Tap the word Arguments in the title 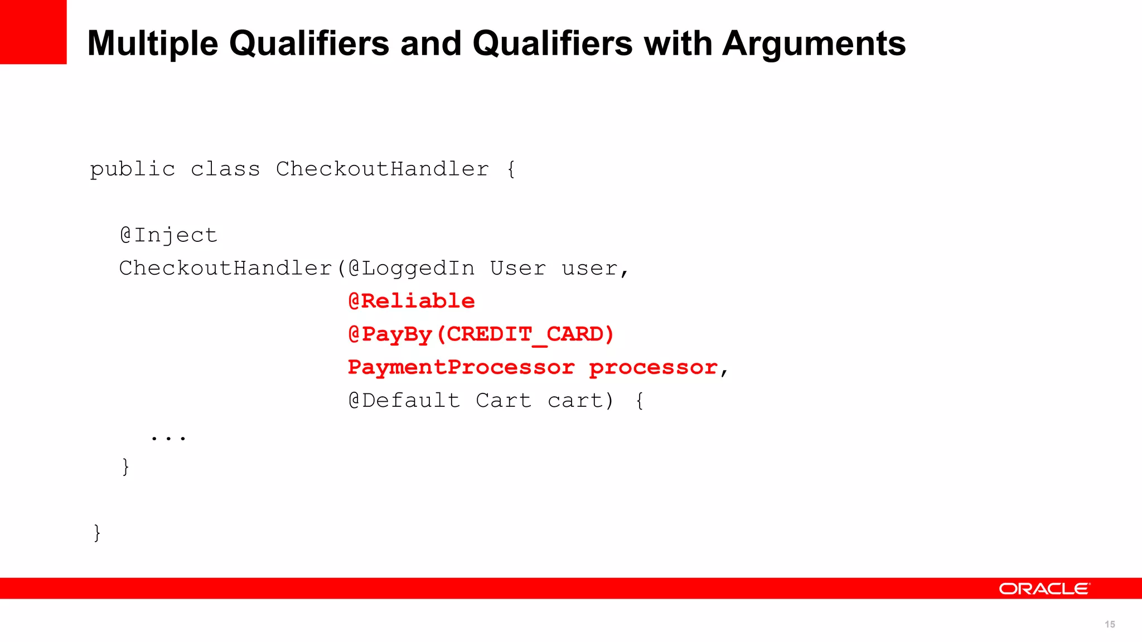pos(814,44)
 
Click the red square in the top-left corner pos(33,32)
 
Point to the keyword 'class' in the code pos(225,169)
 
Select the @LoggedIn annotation pos(412,269)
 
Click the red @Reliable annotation pos(412,301)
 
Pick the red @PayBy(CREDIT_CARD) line pos(481,334)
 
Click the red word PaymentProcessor pos(461,367)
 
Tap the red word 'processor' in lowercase pos(653,368)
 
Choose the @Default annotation pos(404,401)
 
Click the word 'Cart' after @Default pos(504,401)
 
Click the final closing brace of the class pos(97,533)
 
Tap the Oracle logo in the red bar pos(1044,588)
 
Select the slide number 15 pos(1110,624)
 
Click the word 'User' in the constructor pos(518,269)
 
